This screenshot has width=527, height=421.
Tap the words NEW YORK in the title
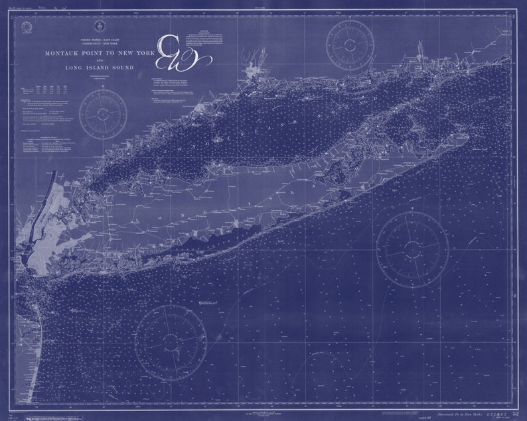pos(138,52)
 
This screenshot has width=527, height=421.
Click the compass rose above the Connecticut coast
pos(350,42)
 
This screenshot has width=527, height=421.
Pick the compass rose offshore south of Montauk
pos(412,249)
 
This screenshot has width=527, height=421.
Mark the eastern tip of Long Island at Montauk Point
pos(469,138)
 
